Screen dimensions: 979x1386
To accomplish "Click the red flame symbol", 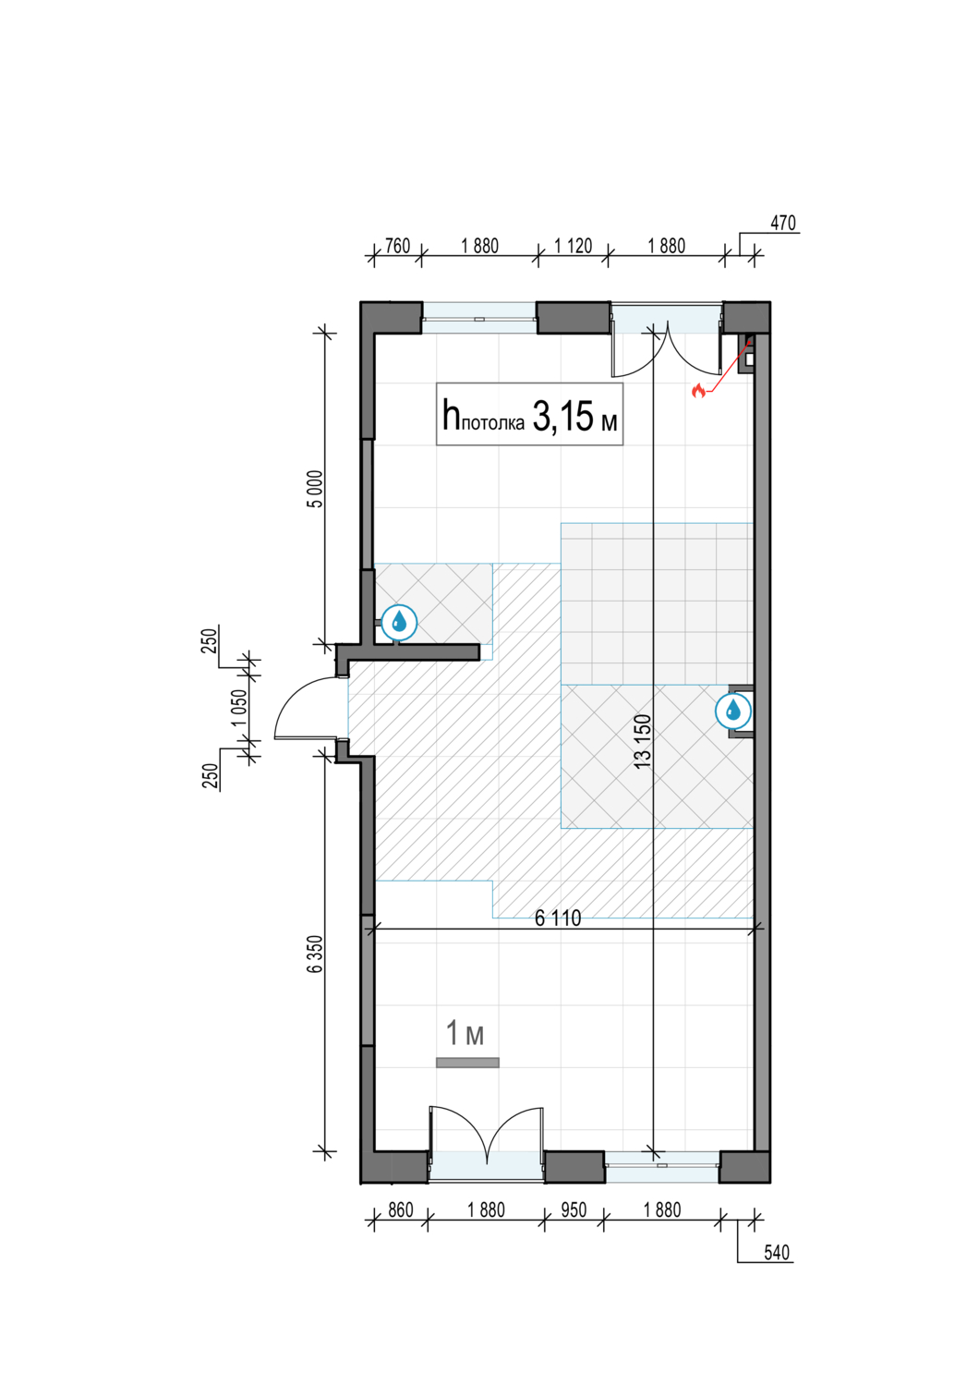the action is coord(698,391).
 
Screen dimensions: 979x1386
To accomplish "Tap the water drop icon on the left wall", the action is coord(399,622).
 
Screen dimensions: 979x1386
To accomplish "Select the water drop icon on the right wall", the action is coord(732,711).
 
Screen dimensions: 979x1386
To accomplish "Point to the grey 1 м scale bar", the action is coord(467,1063).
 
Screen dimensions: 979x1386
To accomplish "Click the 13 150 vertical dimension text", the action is coord(643,741).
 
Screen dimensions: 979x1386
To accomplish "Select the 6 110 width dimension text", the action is coord(558,918).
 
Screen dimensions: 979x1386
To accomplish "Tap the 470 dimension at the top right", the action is coord(783,223).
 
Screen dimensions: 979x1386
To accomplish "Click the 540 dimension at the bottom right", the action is coord(777,1253).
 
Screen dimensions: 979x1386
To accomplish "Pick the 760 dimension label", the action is coord(398,247).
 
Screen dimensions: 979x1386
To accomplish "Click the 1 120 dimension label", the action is coord(574,247).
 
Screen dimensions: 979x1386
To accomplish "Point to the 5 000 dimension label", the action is coord(316,489).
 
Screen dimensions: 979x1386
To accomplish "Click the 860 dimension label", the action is coord(401,1210).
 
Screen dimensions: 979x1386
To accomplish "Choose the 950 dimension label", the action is coord(574,1210).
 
